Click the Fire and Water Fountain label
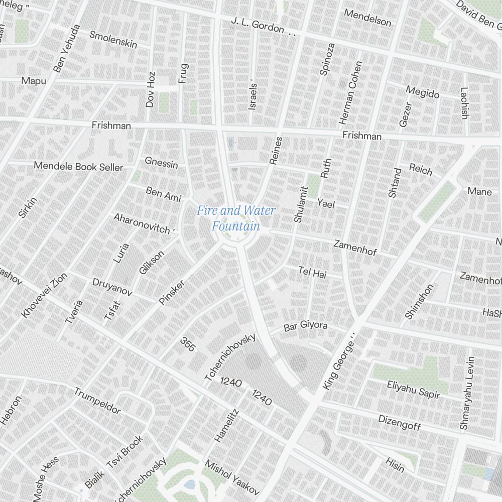[x=235, y=218]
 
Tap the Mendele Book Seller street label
[x=78, y=166]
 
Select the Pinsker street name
[x=172, y=292]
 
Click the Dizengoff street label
[x=399, y=422]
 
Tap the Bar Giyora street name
[x=305, y=327]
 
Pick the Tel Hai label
[x=312, y=273]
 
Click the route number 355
[x=187, y=344]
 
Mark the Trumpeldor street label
[x=97, y=401]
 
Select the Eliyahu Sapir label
[x=413, y=389]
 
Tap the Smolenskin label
[x=113, y=39]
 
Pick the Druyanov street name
[x=112, y=286]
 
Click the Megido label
[x=422, y=92]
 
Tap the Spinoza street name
[x=327, y=59]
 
